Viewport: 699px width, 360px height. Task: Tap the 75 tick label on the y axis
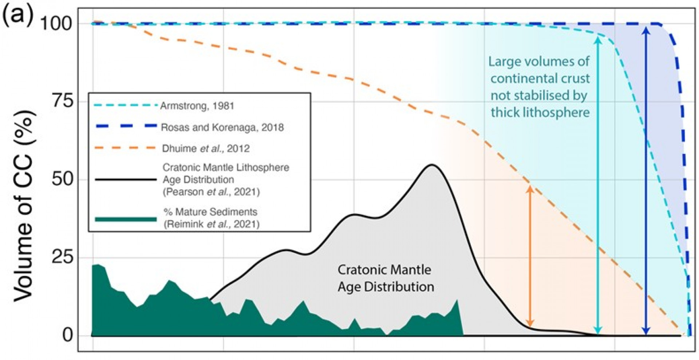(62, 101)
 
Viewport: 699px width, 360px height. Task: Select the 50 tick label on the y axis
(62, 179)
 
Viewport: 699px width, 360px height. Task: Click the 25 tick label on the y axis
(62, 257)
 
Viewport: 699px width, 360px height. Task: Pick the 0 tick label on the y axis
(68, 335)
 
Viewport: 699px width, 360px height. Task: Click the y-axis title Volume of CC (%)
(24, 206)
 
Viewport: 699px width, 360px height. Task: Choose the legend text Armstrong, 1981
(197, 106)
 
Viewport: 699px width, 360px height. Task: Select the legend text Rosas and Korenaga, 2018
(222, 127)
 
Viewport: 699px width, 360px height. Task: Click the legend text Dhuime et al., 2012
(206, 149)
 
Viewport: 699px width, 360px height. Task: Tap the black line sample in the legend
(126, 179)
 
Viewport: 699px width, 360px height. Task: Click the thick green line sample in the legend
(126, 219)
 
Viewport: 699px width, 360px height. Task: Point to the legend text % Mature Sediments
(210, 212)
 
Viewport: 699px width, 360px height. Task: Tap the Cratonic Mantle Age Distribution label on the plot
(385, 278)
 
